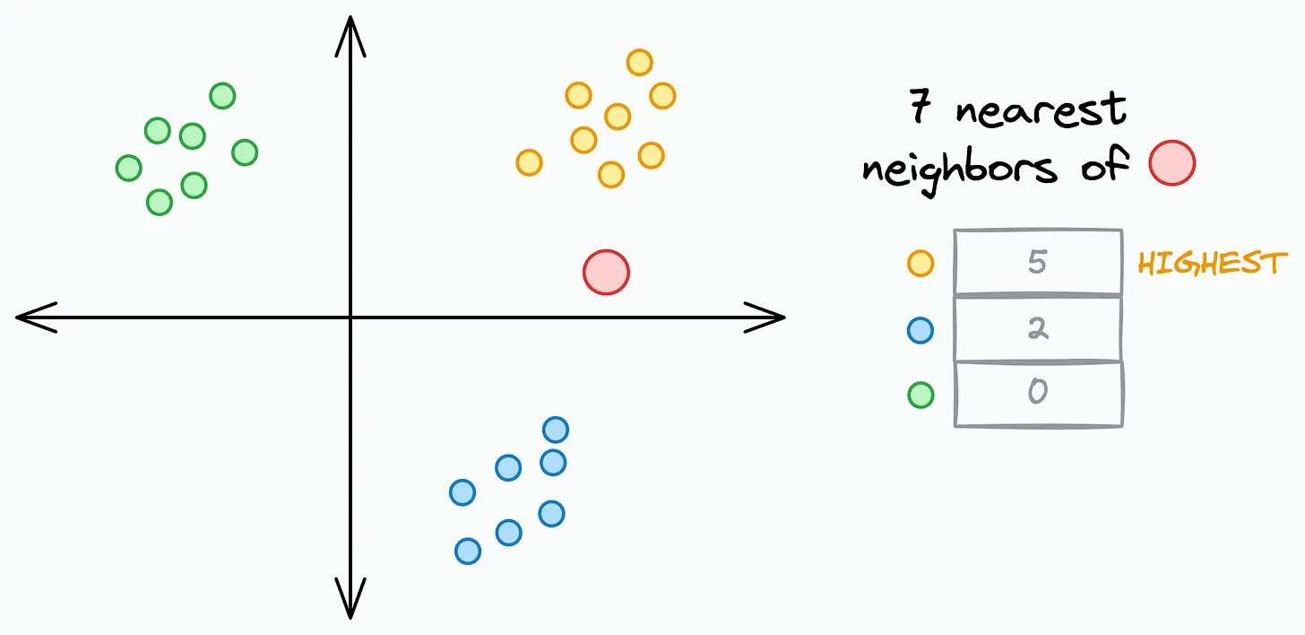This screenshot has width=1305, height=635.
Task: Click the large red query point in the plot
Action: (x=606, y=272)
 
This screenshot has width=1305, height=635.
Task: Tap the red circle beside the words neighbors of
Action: (x=1172, y=163)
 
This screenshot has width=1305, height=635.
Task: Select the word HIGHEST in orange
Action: (x=1212, y=263)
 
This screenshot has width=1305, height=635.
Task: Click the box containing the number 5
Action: (x=1038, y=262)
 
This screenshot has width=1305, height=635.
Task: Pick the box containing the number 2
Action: (x=1038, y=329)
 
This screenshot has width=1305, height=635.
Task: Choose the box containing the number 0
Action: (x=1038, y=394)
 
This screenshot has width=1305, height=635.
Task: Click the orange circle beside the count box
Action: (x=920, y=263)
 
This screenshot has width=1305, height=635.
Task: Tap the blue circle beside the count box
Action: (x=920, y=330)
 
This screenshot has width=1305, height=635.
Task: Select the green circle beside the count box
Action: (x=920, y=395)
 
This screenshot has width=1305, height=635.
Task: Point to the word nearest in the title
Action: (x=1040, y=111)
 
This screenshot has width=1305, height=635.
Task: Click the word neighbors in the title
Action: (x=959, y=166)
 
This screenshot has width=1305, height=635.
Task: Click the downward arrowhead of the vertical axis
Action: (x=350, y=599)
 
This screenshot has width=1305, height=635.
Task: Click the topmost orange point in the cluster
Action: (x=639, y=62)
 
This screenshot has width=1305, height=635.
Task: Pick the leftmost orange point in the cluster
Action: (x=529, y=162)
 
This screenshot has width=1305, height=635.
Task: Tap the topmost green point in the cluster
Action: (x=222, y=95)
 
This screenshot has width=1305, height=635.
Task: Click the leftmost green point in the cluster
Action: (x=129, y=168)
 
